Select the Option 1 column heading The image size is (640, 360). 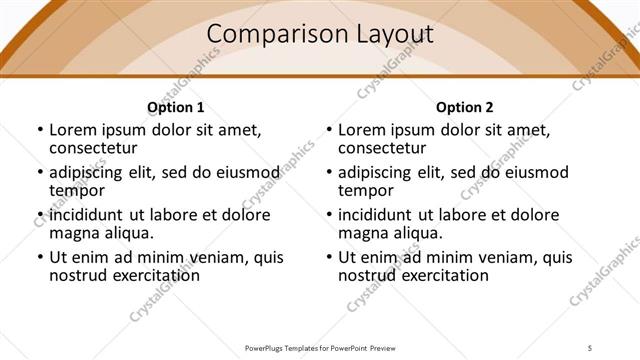(175, 107)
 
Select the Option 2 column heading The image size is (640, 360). (464, 107)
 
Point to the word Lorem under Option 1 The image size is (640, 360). (73, 129)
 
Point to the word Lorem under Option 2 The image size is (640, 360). (362, 129)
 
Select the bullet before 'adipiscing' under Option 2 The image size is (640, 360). (328, 172)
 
